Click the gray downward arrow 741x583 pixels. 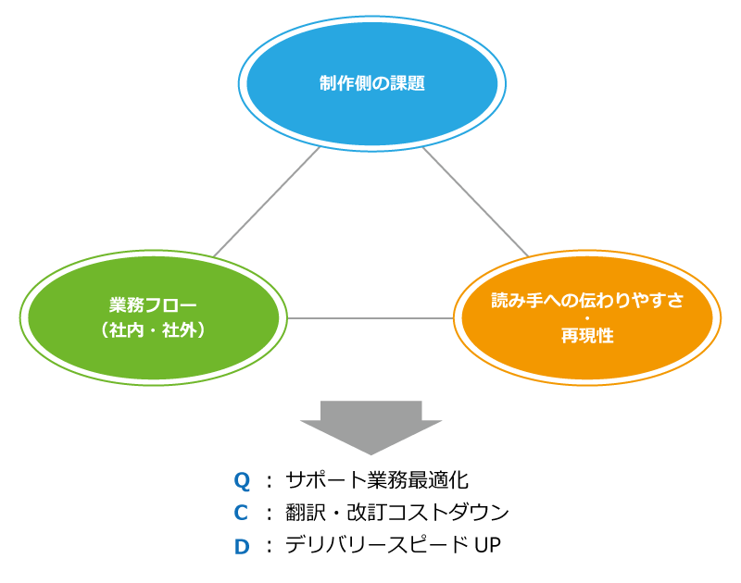[370, 427]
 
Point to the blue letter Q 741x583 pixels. [242, 480]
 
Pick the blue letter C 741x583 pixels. [241, 513]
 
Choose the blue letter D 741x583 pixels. [241, 547]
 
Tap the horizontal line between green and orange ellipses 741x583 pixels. [370, 318]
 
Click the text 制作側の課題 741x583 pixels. [371, 83]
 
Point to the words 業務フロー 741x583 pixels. [154, 305]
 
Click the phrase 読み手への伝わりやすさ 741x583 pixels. [587, 300]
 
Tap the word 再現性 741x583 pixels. [587, 336]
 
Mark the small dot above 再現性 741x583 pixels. [587, 318]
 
